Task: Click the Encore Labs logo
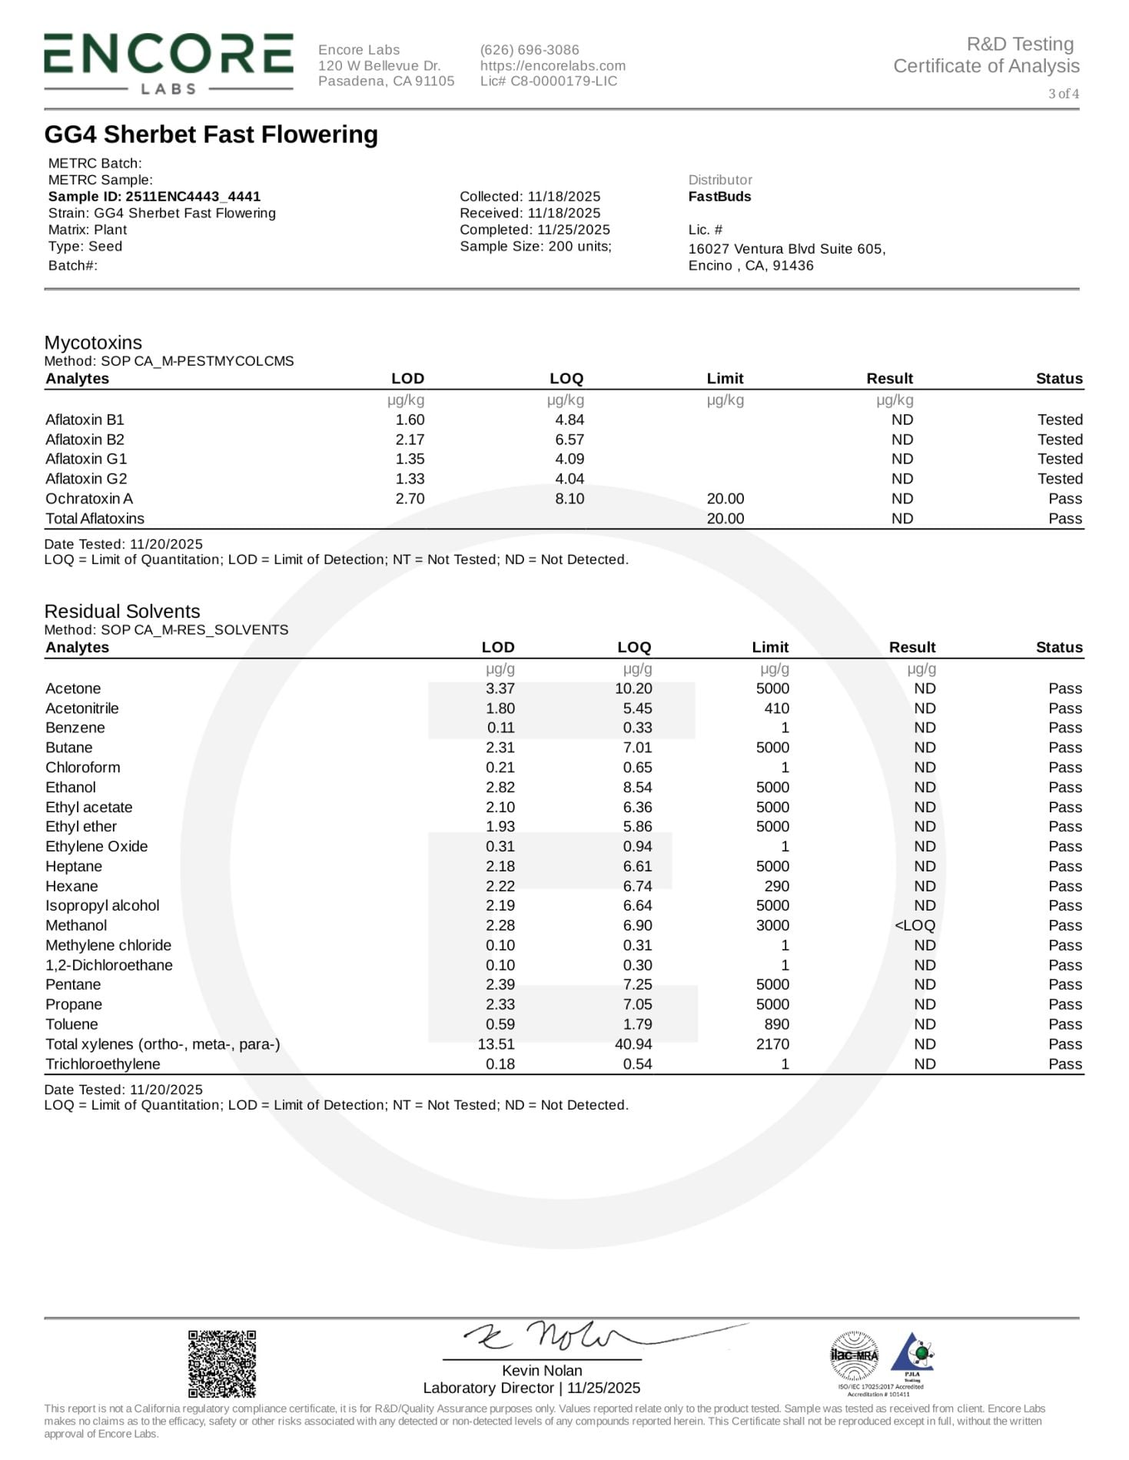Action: tap(168, 64)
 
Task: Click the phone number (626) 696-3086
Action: tap(530, 49)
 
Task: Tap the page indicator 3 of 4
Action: tap(1063, 94)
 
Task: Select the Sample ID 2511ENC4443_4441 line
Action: tap(154, 197)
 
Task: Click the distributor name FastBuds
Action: tap(719, 197)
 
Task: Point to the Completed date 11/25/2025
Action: tap(535, 230)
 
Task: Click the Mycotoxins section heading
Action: tap(93, 343)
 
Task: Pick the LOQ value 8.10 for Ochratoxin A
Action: tap(569, 499)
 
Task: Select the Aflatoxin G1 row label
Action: tap(86, 459)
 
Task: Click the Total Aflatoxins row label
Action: tap(95, 519)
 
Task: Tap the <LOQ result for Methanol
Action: tap(915, 926)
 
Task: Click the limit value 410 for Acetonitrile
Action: tap(776, 708)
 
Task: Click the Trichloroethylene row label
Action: tap(103, 1064)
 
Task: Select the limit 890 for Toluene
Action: tap(776, 1024)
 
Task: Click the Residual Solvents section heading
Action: tap(122, 612)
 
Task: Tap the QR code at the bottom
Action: tap(222, 1364)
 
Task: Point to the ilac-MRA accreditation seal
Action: tap(854, 1355)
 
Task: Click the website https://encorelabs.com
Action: tap(553, 66)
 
